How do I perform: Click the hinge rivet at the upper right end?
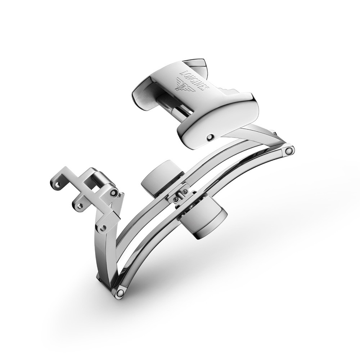(289, 150)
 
